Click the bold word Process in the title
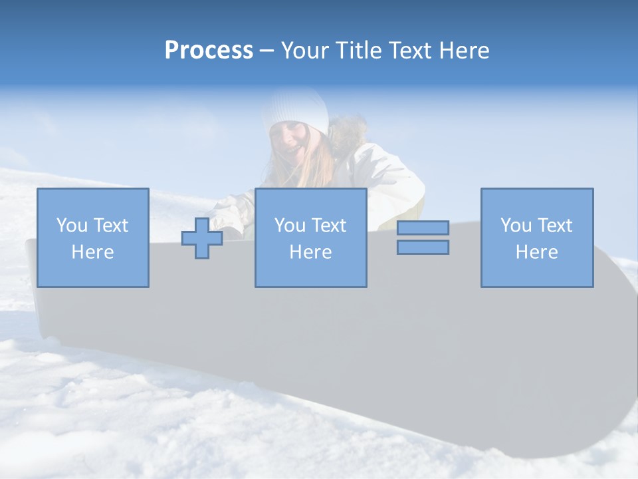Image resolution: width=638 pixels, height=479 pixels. (x=209, y=51)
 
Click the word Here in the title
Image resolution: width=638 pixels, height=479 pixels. (x=463, y=51)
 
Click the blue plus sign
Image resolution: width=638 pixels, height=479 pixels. (x=202, y=238)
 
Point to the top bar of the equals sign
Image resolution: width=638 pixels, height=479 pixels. (x=423, y=228)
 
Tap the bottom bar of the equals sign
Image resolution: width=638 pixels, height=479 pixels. (x=423, y=247)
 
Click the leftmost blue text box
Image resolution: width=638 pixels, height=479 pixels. (x=93, y=238)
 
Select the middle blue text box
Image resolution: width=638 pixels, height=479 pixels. (x=310, y=238)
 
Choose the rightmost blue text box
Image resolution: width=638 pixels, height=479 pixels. (x=537, y=238)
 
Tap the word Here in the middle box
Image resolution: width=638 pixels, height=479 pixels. (x=310, y=252)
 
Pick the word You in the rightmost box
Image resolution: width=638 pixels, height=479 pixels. (x=516, y=226)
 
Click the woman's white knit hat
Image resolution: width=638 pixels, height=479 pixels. (x=295, y=110)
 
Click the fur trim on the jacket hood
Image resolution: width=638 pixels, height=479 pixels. (x=347, y=132)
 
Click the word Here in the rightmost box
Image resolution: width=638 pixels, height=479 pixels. (x=537, y=252)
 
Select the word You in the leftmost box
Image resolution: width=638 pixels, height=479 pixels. (x=72, y=226)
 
